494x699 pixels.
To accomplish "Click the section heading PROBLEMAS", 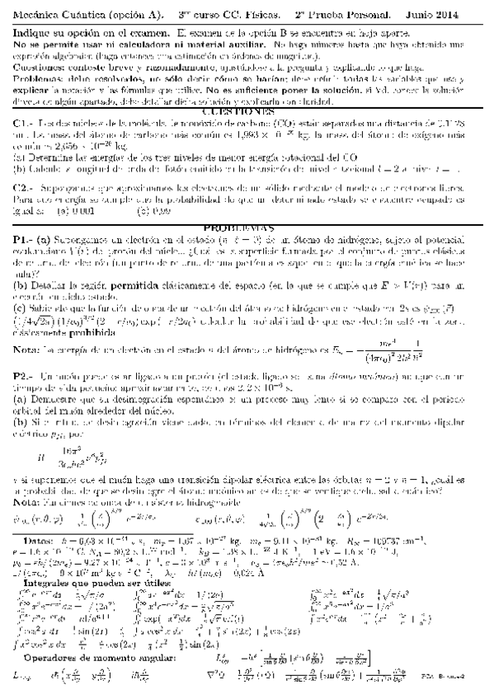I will click(247, 226).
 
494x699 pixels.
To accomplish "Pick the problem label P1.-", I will click(24, 237).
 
